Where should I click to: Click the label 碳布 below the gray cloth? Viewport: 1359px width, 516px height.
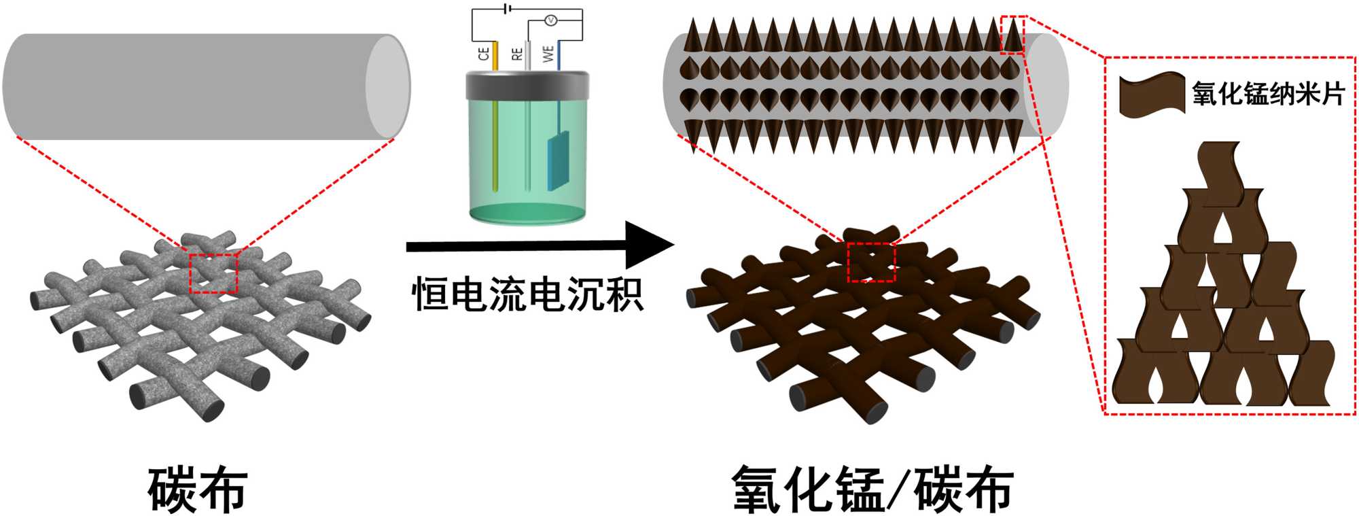click(198, 489)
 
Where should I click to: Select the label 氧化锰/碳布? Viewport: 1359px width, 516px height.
click(872, 489)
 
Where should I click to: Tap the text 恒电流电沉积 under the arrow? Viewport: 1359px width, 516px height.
click(527, 294)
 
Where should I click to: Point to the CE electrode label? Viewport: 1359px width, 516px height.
click(484, 53)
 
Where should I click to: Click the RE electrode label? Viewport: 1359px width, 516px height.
click(517, 53)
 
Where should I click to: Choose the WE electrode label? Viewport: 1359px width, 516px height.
click(548, 53)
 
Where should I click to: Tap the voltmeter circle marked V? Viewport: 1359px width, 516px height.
click(552, 21)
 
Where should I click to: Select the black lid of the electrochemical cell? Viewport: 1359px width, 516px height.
click(527, 84)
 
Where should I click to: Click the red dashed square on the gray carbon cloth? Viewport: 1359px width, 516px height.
click(213, 273)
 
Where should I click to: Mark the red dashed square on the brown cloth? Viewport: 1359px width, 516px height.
click(872, 262)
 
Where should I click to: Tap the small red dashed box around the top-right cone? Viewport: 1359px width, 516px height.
click(1012, 35)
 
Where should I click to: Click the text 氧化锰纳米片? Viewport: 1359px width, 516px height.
click(1268, 93)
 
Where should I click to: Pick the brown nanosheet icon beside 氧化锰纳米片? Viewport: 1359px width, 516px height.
click(1152, 94)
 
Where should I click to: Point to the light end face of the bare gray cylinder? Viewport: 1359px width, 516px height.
click(388, 86)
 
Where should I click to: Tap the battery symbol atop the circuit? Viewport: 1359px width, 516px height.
click(506, 9)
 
